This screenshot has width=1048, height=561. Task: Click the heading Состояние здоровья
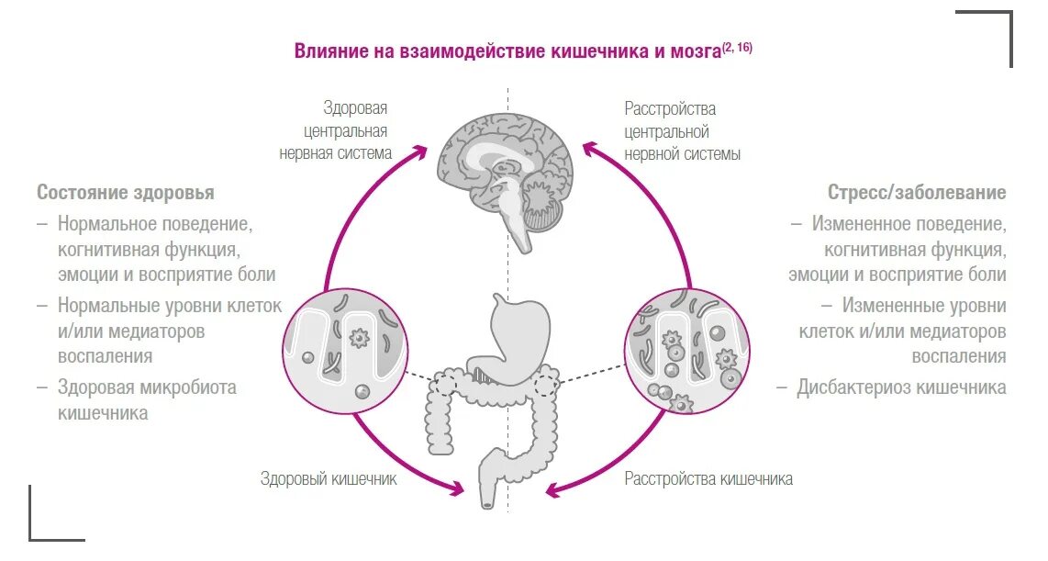click(126, 193)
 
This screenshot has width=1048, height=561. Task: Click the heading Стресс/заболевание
click(917, 193)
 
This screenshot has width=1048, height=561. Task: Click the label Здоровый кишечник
click(329, 479)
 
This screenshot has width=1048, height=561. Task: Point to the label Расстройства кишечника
click(708, 479)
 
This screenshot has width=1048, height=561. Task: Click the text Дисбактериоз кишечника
click(901, 387)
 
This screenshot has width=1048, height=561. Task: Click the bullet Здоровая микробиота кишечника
click(147, 400)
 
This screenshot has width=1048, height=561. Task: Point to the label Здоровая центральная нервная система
click(337, 131)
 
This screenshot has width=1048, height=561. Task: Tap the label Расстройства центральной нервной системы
click(683, 131)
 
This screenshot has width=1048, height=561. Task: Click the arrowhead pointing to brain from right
click(591, 148)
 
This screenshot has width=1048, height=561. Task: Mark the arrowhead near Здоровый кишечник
click(457, 488)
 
